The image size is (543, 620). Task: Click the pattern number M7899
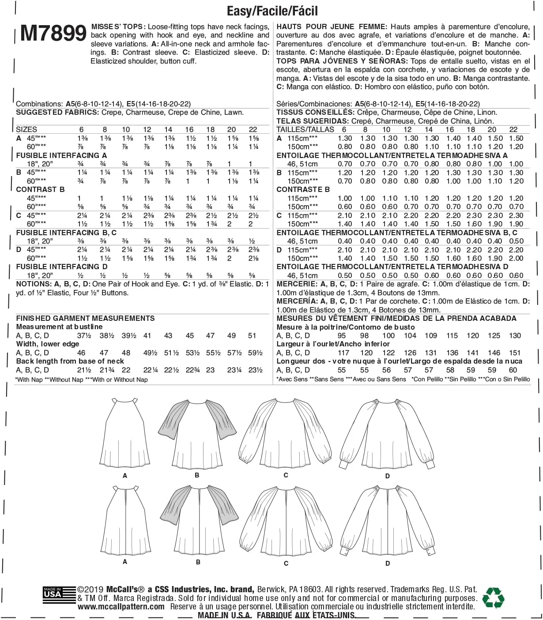[53, 34]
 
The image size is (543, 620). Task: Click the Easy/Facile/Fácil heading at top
[272, 11]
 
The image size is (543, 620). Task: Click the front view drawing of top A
[125, 426]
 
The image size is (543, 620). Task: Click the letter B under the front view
[197, 475]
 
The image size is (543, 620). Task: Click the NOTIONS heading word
[32, 284]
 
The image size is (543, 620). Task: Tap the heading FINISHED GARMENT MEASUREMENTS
[85, 318]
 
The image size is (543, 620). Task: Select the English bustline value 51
[252, 335]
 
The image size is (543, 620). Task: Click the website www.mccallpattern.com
[121, 607]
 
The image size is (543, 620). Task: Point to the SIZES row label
[26, 129]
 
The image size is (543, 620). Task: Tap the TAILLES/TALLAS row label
[305, 129]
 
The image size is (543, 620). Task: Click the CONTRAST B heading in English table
[40, 189]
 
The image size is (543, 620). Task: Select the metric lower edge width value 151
[515, 353]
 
